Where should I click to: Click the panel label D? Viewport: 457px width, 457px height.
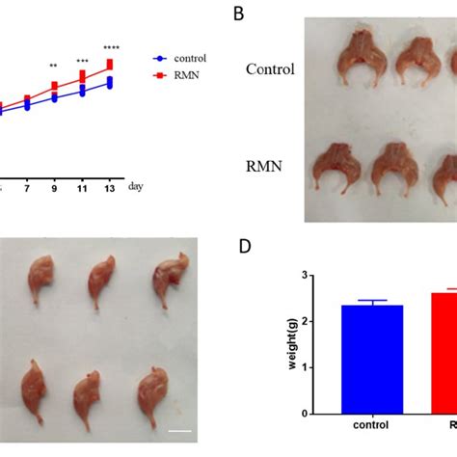click(246, 247)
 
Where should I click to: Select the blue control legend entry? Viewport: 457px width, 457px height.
click(184, 58)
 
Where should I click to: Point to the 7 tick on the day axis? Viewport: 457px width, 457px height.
click(27, 188)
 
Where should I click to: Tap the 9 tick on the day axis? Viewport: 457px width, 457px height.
click(54, 188)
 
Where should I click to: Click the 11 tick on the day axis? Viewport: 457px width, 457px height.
click(82, 188)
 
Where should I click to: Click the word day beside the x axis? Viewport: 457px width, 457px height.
click(136, 187)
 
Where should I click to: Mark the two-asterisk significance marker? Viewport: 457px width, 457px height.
click(55, 66)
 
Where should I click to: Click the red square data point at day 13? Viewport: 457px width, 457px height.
click(110, 64)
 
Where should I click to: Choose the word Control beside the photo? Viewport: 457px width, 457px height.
click(269, 69)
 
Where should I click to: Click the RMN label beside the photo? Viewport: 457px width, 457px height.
click(263, 166)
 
